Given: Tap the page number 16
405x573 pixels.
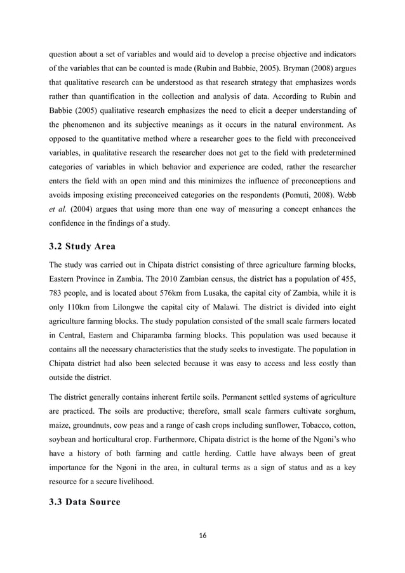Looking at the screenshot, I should click(202, 536).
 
